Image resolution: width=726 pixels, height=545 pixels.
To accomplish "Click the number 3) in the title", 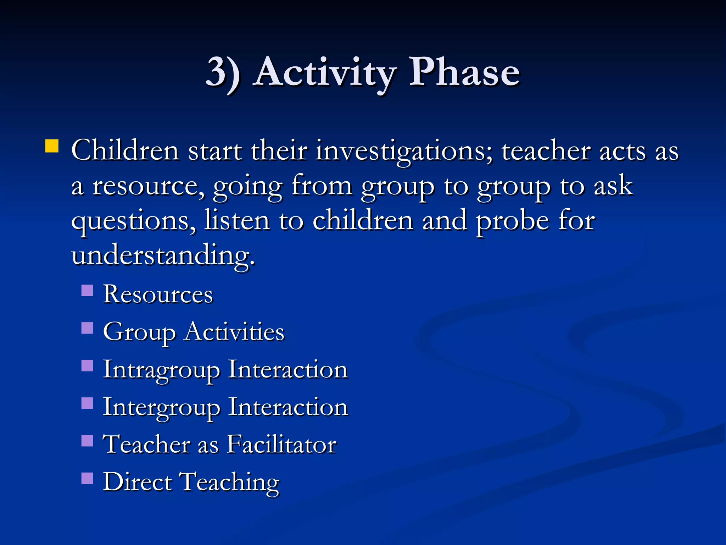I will (x=223, y=73).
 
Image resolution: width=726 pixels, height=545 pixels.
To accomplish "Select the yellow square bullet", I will (x=52, y=146).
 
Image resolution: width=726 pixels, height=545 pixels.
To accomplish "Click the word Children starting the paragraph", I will (x=125, y=151).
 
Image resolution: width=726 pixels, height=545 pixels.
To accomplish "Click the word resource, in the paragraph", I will (x=148, y=186).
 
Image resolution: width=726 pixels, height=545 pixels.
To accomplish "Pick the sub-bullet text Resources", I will (x=158, y=294).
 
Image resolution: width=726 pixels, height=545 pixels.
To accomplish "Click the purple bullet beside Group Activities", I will (x=87, y=328).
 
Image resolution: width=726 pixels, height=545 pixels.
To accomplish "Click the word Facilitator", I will (x=281, y=444).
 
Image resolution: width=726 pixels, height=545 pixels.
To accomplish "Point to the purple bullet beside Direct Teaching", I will (x=87, y=478).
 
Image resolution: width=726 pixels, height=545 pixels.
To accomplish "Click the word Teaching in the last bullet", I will (x=230, y=483).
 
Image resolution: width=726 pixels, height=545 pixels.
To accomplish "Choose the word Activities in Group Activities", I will (x=234, y=332).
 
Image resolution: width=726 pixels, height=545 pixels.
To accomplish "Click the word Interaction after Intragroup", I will (x=287, y=370).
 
